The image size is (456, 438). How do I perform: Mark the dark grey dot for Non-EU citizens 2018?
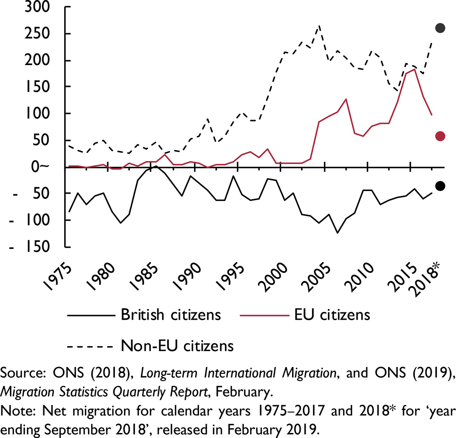tap(440, 28)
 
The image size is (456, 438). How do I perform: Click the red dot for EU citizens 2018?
tap(440, 136)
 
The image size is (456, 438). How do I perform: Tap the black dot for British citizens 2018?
tap(440, 186)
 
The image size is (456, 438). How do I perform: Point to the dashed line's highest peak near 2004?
tap(319, 26)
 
